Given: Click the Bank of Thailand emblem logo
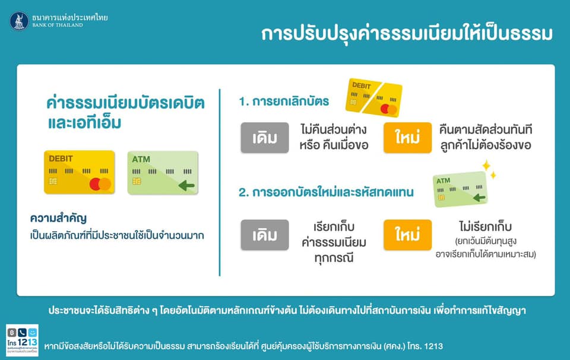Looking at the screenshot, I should pos(19,21).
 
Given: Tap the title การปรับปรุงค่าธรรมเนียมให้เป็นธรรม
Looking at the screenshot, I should pos(407,33).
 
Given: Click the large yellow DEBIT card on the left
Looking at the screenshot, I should pos(79,172).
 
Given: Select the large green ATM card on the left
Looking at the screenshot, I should pos(162,173).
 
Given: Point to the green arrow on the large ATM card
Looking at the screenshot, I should pos(186,187).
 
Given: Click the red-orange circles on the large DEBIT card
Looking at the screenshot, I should pos(100,184).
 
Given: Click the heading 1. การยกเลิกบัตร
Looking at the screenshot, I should pos(284,101).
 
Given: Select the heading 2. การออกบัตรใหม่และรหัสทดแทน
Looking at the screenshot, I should pos(326,192).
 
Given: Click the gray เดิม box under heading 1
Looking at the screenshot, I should pos(264,138).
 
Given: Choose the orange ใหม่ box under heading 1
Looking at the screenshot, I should pos(407,138).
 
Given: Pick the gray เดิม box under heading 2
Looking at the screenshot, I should pos(264,235).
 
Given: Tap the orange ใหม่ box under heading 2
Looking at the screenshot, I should pos(407,235).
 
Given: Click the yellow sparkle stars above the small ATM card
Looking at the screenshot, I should pos(489,169).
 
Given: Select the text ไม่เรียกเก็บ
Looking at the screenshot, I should pos(485,226).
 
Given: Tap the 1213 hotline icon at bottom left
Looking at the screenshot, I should pos(22,340).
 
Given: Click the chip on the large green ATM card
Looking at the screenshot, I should pos(137,181).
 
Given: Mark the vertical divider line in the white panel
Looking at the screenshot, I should pos(220,182).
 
